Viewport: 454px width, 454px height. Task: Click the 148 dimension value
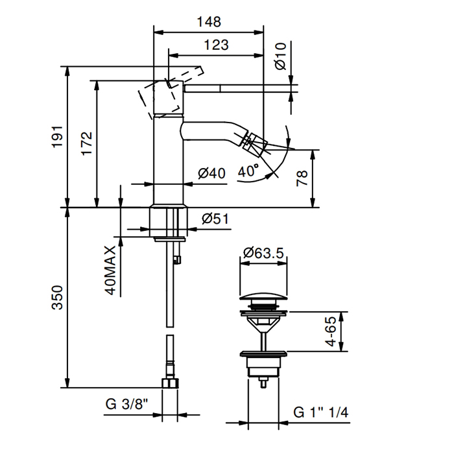coord(209,21)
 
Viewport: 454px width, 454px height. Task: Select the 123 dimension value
coord(216,45)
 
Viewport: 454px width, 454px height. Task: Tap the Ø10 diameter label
coord(281,56)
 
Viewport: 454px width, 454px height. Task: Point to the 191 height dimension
coord(57,137)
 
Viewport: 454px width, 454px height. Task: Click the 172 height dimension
coord(86,144)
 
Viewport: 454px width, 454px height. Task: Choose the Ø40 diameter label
coord(211,173)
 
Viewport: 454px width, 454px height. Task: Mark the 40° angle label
coord(248,171)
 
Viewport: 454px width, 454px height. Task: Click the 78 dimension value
coord(302,178)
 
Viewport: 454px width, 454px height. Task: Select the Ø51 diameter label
coord(215,219)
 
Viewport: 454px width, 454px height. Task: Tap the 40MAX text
coord(110,270)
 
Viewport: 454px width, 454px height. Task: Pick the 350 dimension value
coord(57,298)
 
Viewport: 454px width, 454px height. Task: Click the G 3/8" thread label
coord(127,404)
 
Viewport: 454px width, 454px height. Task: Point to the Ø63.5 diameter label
coord(263,253)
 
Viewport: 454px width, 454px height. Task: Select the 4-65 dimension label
coord(331,331)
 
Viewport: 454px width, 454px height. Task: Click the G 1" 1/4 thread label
coord(321,412)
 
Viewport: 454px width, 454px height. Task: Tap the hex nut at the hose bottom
coord(170,383)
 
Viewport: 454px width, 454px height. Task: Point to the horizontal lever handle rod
coord(241,89)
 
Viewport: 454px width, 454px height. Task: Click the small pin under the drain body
coord(263,383)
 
